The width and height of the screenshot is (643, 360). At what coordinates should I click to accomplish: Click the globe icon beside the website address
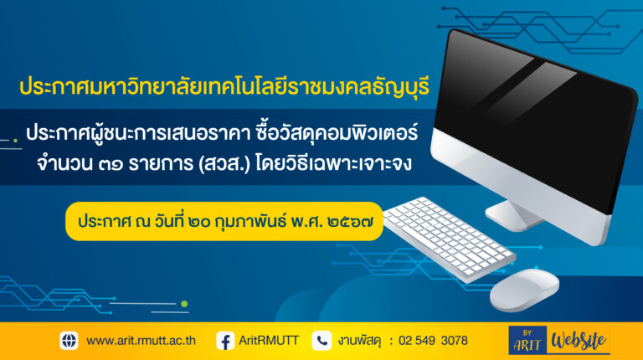69,340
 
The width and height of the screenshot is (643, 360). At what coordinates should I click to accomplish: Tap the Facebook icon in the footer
225,341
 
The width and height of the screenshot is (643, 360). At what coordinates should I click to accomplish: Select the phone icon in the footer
321,341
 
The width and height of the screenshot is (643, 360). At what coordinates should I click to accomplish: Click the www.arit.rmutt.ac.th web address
141,341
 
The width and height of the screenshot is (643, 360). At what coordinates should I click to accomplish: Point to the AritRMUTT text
269,340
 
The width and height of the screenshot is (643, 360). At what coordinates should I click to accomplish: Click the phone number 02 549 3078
433,340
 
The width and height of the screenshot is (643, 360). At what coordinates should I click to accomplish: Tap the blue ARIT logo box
527,340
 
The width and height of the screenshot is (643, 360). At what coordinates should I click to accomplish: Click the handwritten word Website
579,340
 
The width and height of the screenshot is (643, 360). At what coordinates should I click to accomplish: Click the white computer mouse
524,290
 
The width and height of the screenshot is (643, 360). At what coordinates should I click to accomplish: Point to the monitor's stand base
512,216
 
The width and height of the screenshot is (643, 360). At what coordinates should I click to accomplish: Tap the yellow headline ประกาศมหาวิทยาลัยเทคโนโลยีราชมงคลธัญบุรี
224,86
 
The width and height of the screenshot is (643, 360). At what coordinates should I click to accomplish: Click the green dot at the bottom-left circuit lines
184,304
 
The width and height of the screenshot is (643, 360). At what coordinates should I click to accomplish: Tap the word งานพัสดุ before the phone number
360,341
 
